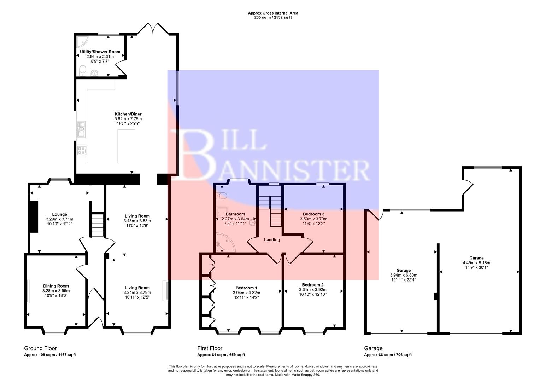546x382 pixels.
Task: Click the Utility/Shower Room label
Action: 100,52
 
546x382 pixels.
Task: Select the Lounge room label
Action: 59,214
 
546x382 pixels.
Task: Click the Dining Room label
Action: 56,286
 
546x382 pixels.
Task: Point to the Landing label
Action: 272,240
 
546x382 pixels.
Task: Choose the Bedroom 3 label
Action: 313,214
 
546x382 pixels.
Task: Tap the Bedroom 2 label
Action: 313,285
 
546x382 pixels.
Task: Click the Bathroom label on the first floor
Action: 235,214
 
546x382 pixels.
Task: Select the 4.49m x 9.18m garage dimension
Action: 476,263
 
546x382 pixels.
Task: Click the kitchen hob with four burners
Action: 82,151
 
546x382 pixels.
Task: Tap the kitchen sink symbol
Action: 81,129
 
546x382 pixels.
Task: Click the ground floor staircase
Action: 98,225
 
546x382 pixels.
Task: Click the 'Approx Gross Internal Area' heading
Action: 273,13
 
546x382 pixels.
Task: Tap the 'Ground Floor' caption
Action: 40,348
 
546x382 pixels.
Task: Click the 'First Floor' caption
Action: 210,348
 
